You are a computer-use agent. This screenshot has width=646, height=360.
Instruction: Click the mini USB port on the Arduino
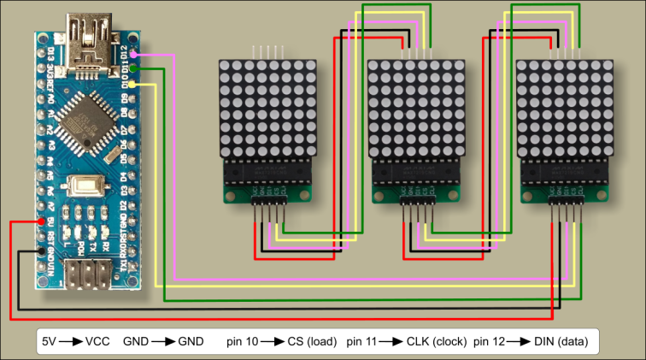coord(88,48)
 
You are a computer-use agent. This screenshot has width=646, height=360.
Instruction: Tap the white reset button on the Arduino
coord(85,186)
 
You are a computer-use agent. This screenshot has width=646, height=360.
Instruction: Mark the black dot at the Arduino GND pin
coord(41,251)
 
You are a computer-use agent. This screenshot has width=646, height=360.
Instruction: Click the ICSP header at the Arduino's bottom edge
coord(85,276)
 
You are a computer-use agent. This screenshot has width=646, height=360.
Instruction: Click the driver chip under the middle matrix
coord(416,174)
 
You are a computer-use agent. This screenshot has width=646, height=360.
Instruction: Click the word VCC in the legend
coord(97,341)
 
